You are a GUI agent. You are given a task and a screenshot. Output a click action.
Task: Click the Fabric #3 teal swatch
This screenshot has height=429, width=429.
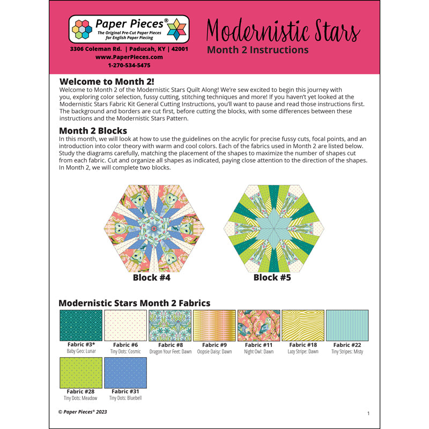pos(80,325)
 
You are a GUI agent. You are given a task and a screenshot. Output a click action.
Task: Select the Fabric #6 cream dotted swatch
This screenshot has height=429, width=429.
pos(125,325)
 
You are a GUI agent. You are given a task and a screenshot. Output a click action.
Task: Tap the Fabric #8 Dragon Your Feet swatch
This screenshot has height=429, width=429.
pos(169,325)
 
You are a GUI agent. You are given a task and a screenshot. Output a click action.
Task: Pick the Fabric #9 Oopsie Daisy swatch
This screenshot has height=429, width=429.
pos(214,325)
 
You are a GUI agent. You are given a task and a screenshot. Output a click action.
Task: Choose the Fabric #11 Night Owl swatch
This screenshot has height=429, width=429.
pos(258,325)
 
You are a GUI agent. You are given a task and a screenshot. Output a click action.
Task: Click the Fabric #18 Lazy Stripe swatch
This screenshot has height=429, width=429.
pos(303,325)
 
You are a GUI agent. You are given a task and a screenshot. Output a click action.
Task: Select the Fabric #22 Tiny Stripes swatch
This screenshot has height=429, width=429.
pos(347,325)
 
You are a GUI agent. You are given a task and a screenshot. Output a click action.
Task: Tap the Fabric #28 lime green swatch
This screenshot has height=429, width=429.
pos(80,372)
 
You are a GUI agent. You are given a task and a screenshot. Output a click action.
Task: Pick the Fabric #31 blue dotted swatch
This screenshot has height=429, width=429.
pos(125,372)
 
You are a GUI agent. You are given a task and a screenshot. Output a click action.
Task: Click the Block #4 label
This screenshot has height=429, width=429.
pos(152,278)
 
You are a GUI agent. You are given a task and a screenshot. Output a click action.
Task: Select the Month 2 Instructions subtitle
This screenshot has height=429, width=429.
pos(257,50)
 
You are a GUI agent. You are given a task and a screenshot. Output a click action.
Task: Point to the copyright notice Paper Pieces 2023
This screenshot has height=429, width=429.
pos(86,412)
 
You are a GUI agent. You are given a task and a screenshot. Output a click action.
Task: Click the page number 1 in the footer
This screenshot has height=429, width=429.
pos(368,413)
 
